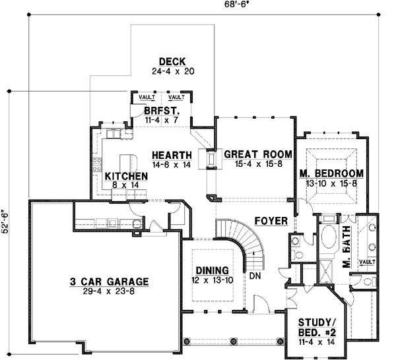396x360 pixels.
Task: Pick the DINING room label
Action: pyautogui.click(x=212, y=271)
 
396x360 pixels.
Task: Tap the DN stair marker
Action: pyautogui.click(x=255, y=276)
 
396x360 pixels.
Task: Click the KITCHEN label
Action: pyautogui.click(x=125, y=177)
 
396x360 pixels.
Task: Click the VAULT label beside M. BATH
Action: pyautogui.click(x=367, y=262)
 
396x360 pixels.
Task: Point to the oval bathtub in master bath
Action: pyautogui.click(x=327, y=240)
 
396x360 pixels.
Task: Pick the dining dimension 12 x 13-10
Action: pyautogui.click(x=212, y=280)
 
